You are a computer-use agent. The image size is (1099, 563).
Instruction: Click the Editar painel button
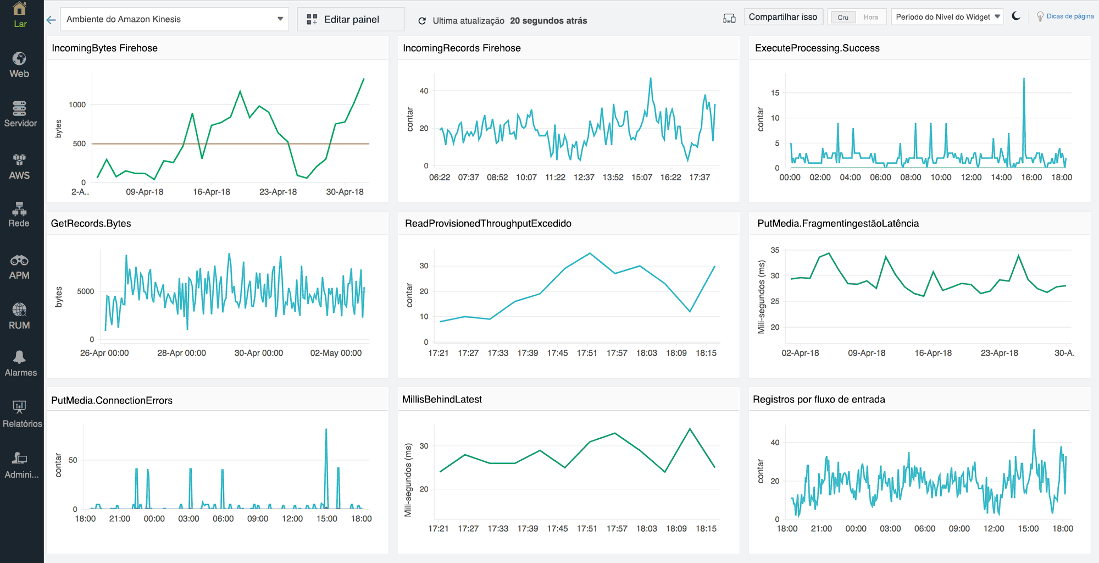point(351,19)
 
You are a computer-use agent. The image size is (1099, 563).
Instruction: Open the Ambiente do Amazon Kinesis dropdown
point(174,19)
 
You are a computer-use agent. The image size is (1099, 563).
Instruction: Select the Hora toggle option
point(870,18)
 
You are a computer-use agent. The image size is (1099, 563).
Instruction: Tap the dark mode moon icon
point(1016,16)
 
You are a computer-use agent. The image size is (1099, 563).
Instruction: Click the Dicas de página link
point(1069,16)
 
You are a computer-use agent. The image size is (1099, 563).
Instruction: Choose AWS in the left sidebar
point(19,167)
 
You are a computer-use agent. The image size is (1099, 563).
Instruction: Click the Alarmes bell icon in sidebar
point(20,358)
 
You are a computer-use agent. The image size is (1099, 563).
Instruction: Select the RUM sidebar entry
point(19,317)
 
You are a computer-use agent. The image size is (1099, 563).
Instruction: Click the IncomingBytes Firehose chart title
point(104,48)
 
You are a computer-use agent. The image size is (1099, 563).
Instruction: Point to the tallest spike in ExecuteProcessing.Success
point(1024,79)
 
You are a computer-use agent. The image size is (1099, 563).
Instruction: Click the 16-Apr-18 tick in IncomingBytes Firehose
point(211,192)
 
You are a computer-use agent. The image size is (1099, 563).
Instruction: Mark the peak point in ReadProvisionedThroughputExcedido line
point(590,253)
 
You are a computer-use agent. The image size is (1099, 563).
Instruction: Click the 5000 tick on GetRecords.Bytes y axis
point(85,291)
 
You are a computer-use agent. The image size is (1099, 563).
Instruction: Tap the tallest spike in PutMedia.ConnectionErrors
point(326,430)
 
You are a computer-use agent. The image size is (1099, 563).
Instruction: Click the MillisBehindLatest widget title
point(442,400)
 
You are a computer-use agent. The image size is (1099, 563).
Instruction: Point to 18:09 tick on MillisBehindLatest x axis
point(676,528)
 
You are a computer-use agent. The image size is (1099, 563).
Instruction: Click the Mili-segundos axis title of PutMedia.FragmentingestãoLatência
point(761,297)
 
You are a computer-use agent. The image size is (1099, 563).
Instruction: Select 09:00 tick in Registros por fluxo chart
point(959,528)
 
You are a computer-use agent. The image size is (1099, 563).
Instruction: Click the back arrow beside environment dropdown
point(51,20)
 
